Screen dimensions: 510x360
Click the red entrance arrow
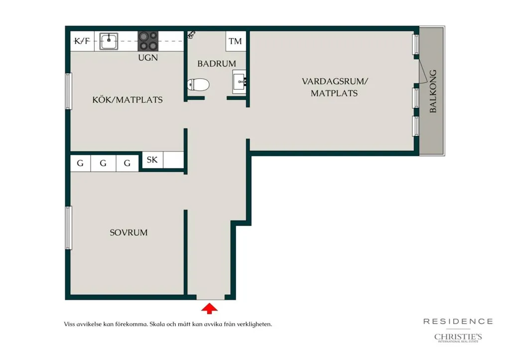(209, 308)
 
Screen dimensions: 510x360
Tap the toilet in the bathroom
(198, 85)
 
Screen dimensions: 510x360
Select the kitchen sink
(109, 41)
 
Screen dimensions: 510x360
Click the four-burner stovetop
(148, 41)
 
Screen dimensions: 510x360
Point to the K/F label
(82, 41)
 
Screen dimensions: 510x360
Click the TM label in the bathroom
(235, 41)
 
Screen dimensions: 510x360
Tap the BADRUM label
(217, 63)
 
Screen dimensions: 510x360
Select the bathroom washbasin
(240, 82)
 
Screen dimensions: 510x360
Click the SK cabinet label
(152, 160)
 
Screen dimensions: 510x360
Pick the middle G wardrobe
(103, 163)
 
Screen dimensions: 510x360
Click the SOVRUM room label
(128, 233)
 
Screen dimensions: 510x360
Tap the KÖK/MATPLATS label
(127, 100)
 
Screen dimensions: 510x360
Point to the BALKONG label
(433, 92)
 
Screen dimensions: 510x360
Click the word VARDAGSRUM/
(335, 81)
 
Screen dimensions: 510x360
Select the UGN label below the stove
(148, 58)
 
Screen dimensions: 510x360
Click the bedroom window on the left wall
(68, 228)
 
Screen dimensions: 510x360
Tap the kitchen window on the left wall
(68, 91)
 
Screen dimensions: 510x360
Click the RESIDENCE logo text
(458, 322)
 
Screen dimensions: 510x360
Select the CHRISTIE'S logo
(458, 338)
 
